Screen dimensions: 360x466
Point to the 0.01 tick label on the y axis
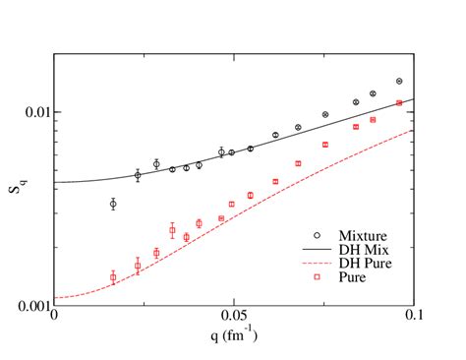pos(33,111)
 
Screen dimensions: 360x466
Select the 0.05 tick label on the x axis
pos(233,318)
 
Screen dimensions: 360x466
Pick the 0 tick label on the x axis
pos(54,318)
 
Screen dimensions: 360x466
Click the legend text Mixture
pos(361,236)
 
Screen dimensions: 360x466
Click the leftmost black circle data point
pos(113,205)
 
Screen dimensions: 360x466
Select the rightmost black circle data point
pos(399,82)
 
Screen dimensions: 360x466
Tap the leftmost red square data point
pos(113,277)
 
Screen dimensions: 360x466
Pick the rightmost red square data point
pos(399,103)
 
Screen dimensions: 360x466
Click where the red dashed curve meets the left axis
pos(54,298)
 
